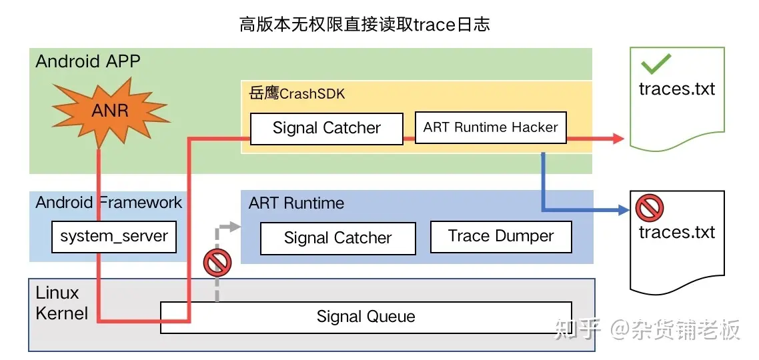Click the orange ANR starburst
point(111,112)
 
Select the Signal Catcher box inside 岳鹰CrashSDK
point(326,128)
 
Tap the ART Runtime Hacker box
point(490,128)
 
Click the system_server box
point(114,237)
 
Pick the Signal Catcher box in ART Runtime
point(338,238)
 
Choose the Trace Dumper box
point(501,237)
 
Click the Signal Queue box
point(366,317)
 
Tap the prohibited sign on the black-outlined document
point(649,208)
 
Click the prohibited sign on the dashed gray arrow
point(217,263)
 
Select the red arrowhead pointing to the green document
point(618,139)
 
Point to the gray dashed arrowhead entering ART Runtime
point(235,226)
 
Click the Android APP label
point(87,62)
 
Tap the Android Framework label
point(109,202)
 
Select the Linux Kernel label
point(61,303)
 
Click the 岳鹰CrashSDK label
point(297,93)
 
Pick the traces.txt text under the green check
point(677,89)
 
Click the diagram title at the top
point(365,24)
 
